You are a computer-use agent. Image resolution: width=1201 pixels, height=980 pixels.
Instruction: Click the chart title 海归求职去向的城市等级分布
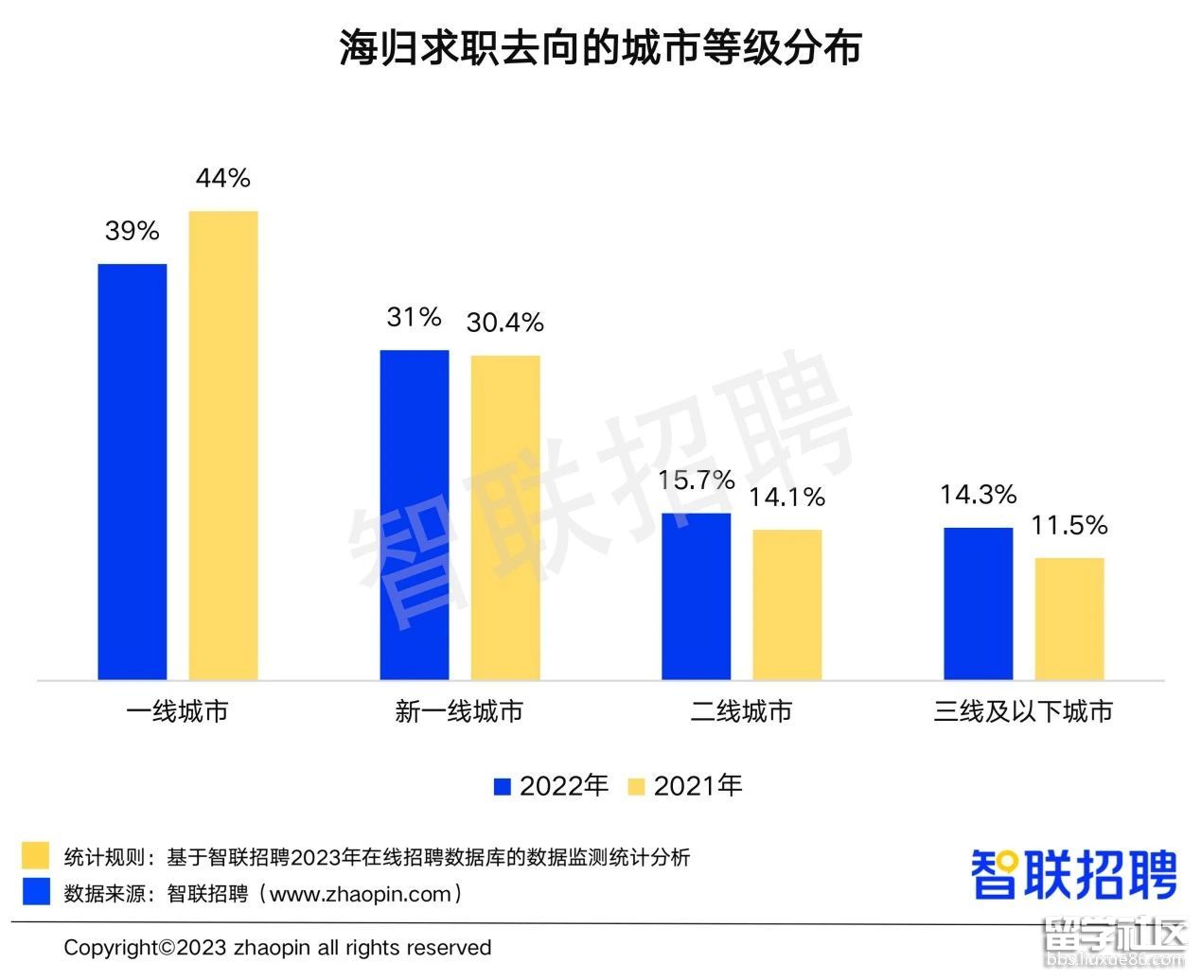click(600, 47)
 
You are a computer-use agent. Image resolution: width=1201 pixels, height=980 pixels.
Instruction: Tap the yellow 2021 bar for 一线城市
click(223, 445)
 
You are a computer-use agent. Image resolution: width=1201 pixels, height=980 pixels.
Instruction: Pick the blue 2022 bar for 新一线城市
click(415, 515)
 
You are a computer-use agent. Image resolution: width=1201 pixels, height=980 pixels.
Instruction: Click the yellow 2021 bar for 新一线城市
click(505, 517)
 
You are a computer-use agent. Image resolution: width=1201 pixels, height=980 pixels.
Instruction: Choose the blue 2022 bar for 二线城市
click(697, 596)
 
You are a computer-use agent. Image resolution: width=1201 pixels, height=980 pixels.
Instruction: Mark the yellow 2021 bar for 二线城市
click(787, 604)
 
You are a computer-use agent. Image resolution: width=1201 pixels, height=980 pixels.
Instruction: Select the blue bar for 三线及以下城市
click(978, 604)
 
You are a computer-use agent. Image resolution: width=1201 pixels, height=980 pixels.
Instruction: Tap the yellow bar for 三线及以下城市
click(1069, 619)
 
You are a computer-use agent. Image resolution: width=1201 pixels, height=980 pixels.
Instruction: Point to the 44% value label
click(223, 178)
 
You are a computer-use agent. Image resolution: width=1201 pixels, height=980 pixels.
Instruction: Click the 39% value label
click(132, 231)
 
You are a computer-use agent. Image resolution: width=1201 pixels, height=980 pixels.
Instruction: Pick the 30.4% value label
click(505, 323)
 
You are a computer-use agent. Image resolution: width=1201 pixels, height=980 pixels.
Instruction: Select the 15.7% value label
click(697, 481)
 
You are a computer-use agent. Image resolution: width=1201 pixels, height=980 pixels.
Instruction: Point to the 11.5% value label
click(1069, 525)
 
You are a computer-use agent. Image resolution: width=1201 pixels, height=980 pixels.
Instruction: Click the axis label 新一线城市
click(459, 711)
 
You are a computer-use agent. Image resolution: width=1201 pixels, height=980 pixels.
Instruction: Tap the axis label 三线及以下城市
click(1023, 711)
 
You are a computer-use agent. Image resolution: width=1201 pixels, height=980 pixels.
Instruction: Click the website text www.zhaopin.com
click(361, 893)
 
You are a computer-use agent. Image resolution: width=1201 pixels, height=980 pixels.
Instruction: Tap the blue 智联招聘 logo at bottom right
click(1074, 874)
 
